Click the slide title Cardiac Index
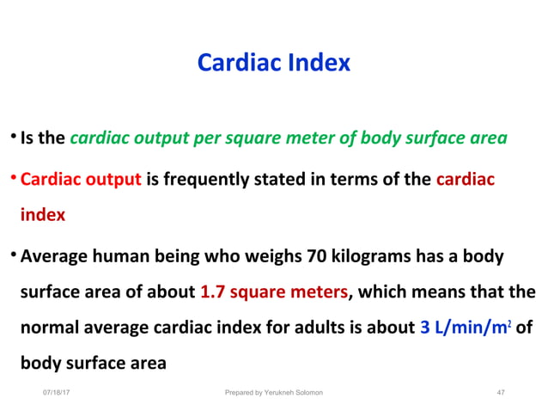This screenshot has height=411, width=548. [x=274, y=63]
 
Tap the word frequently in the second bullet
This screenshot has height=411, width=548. [x=204, y=180]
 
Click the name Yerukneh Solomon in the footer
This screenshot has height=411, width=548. [x=292, y=393]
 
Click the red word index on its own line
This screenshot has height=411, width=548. [x=43, y=215]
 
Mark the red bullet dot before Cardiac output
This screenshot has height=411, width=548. [x=14, y=180]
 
